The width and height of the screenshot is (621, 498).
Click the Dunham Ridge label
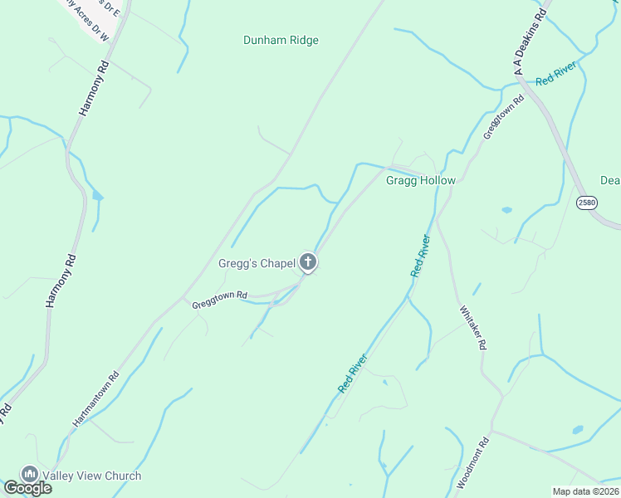pyautogui.click(x=281, y=40)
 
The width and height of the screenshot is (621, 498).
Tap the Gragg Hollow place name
pyautogui.click(x=421, y=180)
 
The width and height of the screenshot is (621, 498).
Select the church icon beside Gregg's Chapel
pyautogui.click(x=308, y=263)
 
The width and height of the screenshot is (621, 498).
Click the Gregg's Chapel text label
pyautogui.click(x=257, y=263)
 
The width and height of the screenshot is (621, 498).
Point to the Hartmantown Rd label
pyautogui.click(x=96, y=398)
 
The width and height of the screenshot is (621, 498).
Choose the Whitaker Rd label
pyautogui.click(x=471, y=329)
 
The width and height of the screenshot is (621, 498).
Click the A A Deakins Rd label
pyautogui.click(x=531, y=42)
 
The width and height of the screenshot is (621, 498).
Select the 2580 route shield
pyautogui.click(x=587, y=203)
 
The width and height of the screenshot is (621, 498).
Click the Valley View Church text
pyautogui.click(x=92, y=476)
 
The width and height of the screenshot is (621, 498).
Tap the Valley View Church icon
pyautogui.click(x=31, y=474)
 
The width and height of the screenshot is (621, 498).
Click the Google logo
pyautogui.click(x=27, y=488)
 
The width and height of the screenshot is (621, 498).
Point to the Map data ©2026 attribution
pyautogui.click(x=586, y=491)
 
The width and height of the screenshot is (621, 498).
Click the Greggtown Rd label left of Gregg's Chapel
pyautogui.click(x=220, y=300)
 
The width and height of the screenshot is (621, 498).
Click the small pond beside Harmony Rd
pyautogui.click(x=99, y=196)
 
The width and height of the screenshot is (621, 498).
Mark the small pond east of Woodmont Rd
pyautogui.click(x=578, y=430)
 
